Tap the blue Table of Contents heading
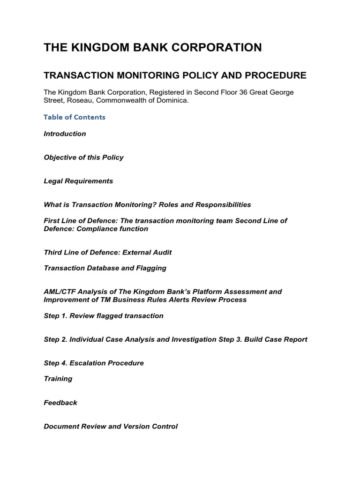[75, 117]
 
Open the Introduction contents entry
[65, 134]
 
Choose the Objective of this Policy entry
[83, 157]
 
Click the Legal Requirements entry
[78, 181]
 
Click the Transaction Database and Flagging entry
[105, 268]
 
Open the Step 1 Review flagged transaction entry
[104, 316]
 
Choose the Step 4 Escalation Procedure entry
[94, 363]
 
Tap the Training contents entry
[58, 379]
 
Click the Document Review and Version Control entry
[111, 427]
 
